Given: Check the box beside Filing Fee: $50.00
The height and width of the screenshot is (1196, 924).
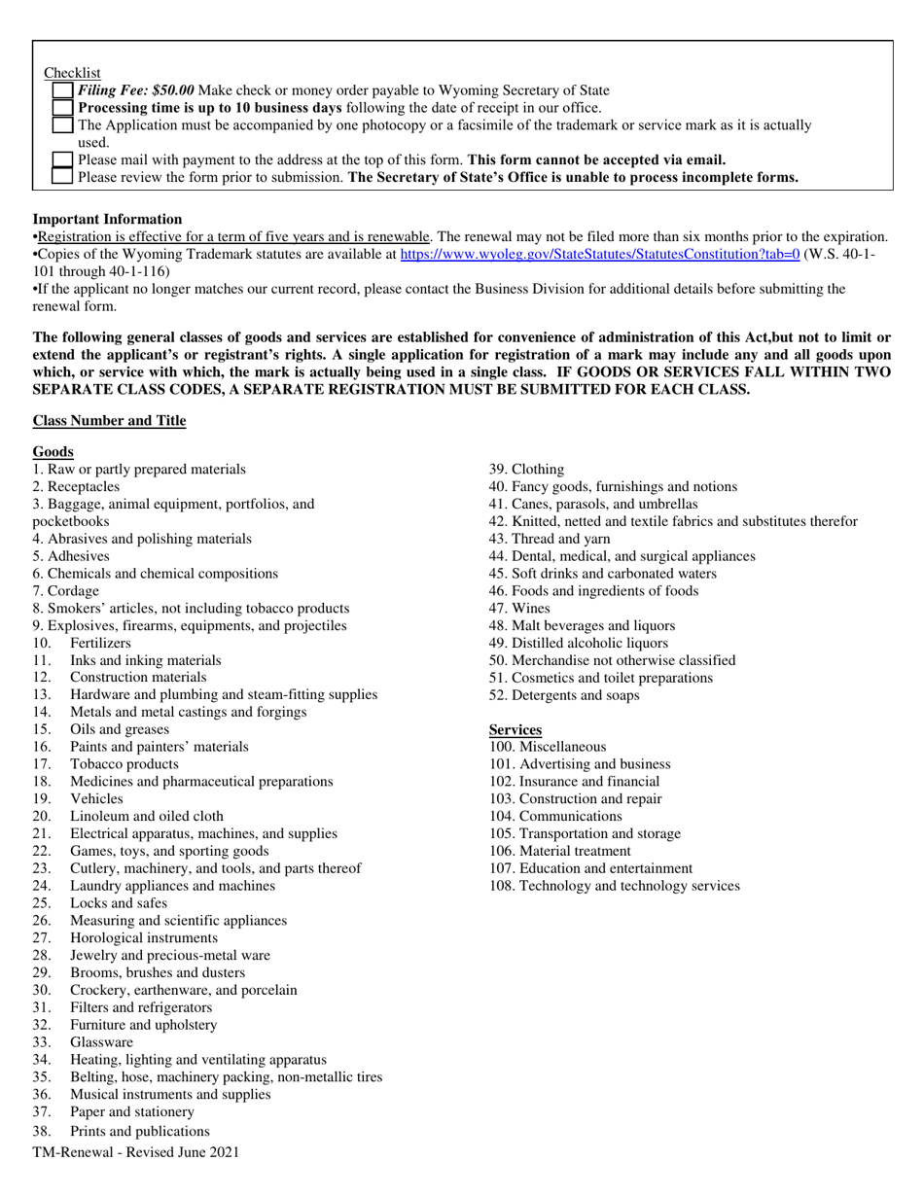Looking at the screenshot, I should pos(62,90).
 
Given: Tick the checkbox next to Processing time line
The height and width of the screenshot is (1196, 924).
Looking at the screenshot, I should pos(62,108).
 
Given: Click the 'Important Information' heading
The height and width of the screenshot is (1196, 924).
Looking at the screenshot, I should pos(107,219).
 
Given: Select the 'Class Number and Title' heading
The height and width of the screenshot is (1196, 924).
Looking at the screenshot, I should pos(109,420).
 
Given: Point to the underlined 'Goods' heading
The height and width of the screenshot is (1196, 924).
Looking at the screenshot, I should pos(53,452).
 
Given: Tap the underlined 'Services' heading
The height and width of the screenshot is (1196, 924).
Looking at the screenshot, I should pos(515,729).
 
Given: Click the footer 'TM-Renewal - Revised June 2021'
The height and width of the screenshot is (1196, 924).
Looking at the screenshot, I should pos(135,1152).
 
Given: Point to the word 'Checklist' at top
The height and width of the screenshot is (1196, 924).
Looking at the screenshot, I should pos(72,74).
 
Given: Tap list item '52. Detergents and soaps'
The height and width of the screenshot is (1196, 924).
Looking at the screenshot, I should pos(564,695).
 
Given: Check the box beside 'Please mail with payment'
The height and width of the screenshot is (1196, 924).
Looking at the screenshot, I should pos(62,160).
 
